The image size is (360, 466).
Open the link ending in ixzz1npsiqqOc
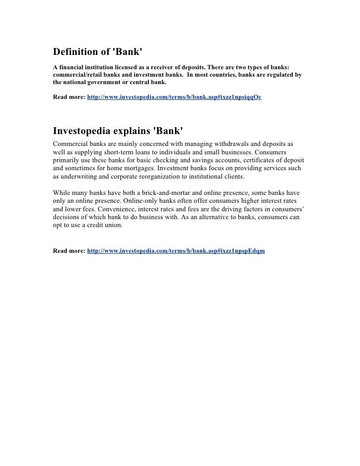[174, 97]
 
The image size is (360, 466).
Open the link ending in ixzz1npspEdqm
[176, 251]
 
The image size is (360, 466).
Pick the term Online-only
[131, 201]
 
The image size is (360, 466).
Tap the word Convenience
[120, 210]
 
